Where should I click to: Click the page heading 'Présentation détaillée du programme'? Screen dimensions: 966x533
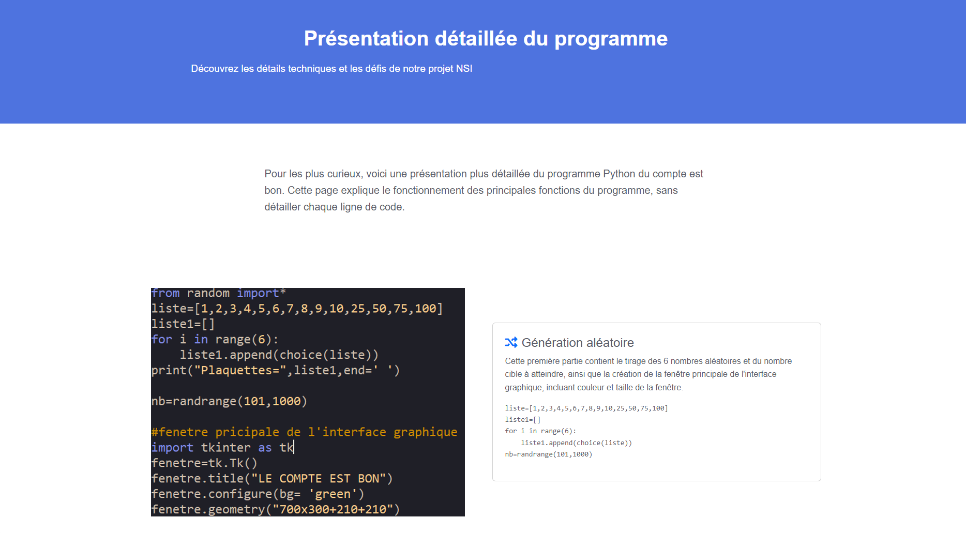(486, 39)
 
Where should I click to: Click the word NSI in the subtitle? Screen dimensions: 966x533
(464, 69)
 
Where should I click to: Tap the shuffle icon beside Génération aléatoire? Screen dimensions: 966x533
(511, 342)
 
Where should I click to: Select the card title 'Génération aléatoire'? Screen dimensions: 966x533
(578, 343)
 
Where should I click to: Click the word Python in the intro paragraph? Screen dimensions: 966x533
(619, 174)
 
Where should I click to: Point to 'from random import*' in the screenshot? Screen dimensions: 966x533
(219, 293)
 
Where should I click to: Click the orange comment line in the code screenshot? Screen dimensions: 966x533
(304, 432)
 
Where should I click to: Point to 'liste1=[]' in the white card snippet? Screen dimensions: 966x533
(523, 420)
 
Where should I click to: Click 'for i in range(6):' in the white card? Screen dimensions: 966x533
(540, 431)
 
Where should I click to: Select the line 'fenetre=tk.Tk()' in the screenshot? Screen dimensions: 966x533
(204, 463)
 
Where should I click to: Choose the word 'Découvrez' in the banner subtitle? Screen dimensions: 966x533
(215, 69)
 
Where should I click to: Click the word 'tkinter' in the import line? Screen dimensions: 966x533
(225, 448)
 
